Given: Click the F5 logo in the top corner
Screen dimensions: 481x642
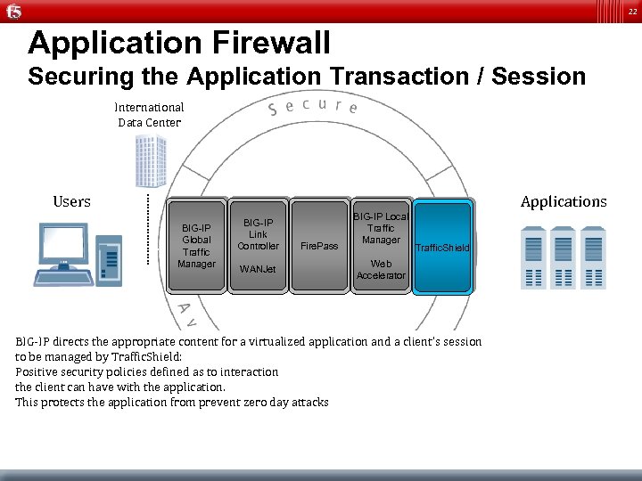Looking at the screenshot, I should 12,11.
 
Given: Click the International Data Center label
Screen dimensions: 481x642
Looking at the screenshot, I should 149,115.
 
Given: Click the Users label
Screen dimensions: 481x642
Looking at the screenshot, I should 71,201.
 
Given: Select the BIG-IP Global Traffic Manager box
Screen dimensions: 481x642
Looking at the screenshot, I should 196,245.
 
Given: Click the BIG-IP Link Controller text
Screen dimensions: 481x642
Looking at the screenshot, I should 258,233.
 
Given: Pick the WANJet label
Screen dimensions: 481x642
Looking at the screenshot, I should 258,269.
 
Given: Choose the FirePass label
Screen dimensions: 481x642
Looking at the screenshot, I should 319,245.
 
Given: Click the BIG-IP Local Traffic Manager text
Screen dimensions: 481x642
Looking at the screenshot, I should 381,228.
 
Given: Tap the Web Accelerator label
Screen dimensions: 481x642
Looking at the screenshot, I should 381,269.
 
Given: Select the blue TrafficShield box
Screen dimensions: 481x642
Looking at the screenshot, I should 442,246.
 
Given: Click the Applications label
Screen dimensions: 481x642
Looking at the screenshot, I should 564,201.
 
